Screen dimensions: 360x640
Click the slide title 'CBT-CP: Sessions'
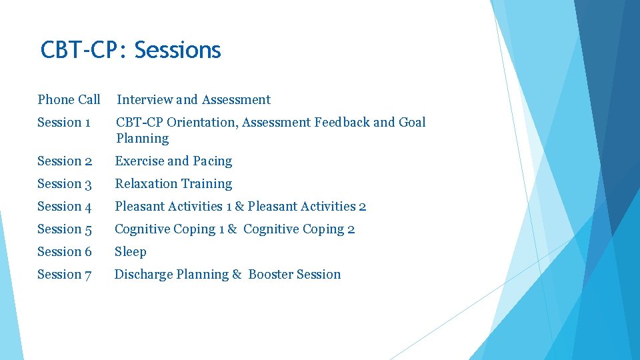pyautogui.click(x=131, y=50)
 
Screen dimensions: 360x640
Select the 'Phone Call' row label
pyautogui.click(x=69, y=100)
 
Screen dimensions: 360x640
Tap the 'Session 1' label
pyautogui.click(x=64, y=123)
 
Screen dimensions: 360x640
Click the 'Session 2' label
pyautogui.click(x=64, y=161)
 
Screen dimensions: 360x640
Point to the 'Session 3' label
pyautogui.click(x=64, y=184)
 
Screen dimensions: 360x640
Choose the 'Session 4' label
pyautogui.click(x=64, y=207)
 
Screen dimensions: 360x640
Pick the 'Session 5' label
pyautogui.click(x=64, y=229)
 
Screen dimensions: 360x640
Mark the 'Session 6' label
pyautogui.click(x=64, y=252)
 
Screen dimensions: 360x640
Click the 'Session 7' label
pyautogui.click(x=64, y=275)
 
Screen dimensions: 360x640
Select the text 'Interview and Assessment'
pyautogui.click(x=193, y=100)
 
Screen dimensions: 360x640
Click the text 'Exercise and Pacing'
pyautogui.click(x=173, y=161)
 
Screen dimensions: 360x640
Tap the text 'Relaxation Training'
pyautogui.click(x=173, y=184)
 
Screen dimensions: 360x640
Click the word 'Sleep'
pyautogui.click(x=130, y=252)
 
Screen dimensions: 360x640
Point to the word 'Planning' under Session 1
pyautogui.click(x=142, y=139)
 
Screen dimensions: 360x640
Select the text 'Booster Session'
pyautogui.click(x=294, y=275)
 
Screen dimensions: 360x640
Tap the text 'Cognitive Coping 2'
pyautogui.click(x=299, y=229)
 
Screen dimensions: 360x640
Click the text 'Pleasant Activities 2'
pyautogui.click(x=307, y=207)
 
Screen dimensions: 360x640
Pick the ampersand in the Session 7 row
pyautogui.click(x=237, y=275)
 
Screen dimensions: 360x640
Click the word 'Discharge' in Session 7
pyautogui.click(x=143, y=275)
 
